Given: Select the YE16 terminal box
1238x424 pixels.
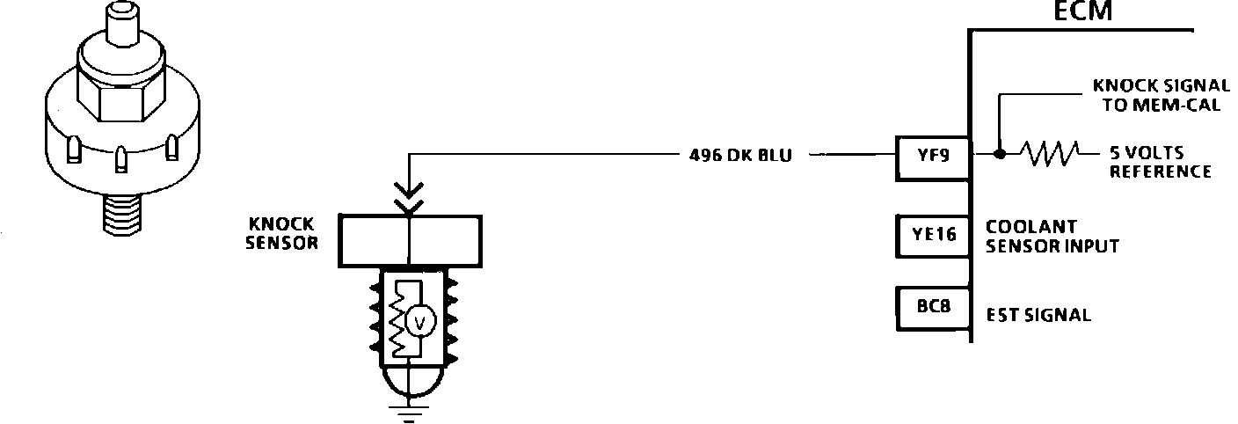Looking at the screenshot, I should click(x=931, y=235).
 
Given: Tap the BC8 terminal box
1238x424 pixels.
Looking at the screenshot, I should click(x=931, y=308).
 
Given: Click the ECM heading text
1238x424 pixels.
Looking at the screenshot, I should click(x=1083, y=12).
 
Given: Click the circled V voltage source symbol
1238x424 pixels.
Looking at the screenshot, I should click(x=419, y=324).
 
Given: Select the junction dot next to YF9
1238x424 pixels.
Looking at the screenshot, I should click(x=1000, y=156).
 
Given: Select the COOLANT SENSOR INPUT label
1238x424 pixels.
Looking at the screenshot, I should click(x=1052, y=236).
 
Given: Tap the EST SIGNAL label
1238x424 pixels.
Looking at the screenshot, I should click(x=1038, y=315).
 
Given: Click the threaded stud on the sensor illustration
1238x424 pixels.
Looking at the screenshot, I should click(x=122, y=211).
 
